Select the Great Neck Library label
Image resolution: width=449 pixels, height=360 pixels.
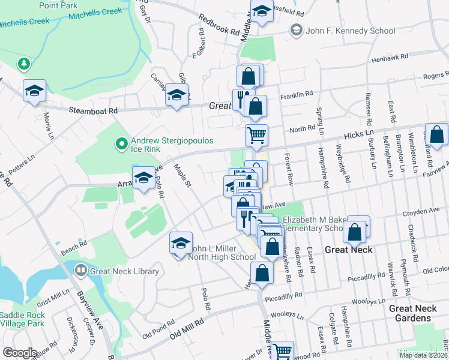[x=124, y=271]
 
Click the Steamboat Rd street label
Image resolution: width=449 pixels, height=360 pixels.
[x=94, y=110]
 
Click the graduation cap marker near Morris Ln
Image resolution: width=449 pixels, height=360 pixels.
[x=35, y=91]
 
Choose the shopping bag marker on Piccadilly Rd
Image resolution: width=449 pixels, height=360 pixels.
[x=262, y=274]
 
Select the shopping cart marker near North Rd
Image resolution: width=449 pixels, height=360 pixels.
[x=256, y=135]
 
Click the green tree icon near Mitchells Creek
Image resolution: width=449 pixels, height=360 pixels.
[x=23, y=63]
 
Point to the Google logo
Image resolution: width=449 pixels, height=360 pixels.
[x=20, y=353]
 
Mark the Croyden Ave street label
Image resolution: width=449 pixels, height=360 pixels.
[x=423, y=211]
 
